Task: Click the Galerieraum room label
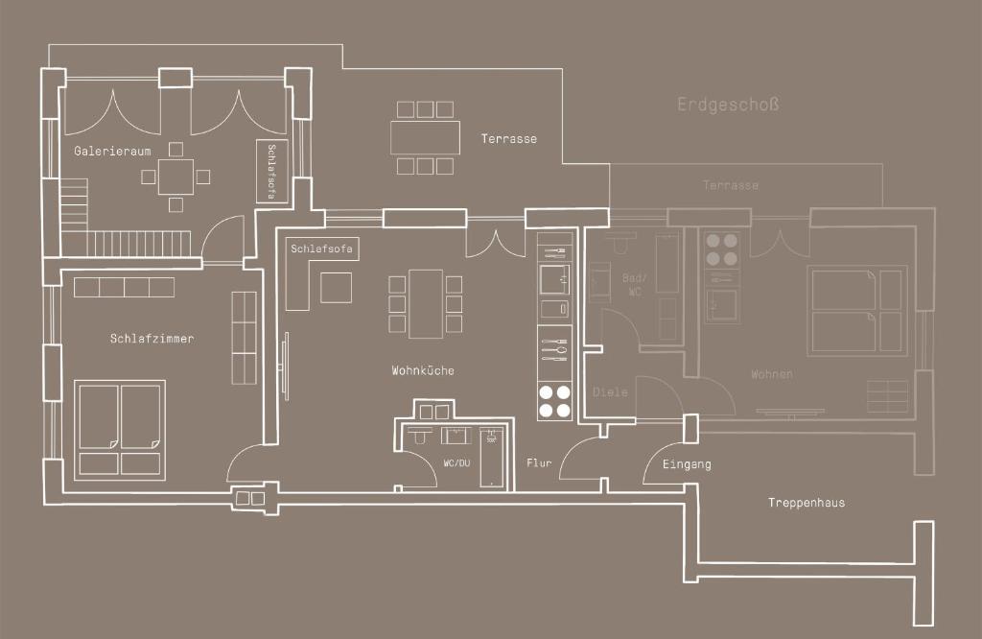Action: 112,151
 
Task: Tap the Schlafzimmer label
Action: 152,339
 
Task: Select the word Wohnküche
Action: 423,371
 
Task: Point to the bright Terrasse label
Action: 508,139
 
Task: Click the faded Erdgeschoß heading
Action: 729,104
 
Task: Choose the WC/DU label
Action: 456,463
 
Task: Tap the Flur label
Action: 539,463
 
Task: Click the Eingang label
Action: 687,464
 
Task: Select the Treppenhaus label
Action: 807,503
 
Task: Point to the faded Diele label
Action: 610,392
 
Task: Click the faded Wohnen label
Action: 772,374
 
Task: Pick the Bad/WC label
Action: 635,285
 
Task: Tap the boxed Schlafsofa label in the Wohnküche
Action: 322,248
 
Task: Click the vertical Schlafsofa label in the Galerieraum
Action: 271,171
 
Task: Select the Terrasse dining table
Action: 425,138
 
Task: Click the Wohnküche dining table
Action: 426,304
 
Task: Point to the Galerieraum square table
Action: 176,177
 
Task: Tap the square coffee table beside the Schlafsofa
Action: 337,288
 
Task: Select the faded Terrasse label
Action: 730,185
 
